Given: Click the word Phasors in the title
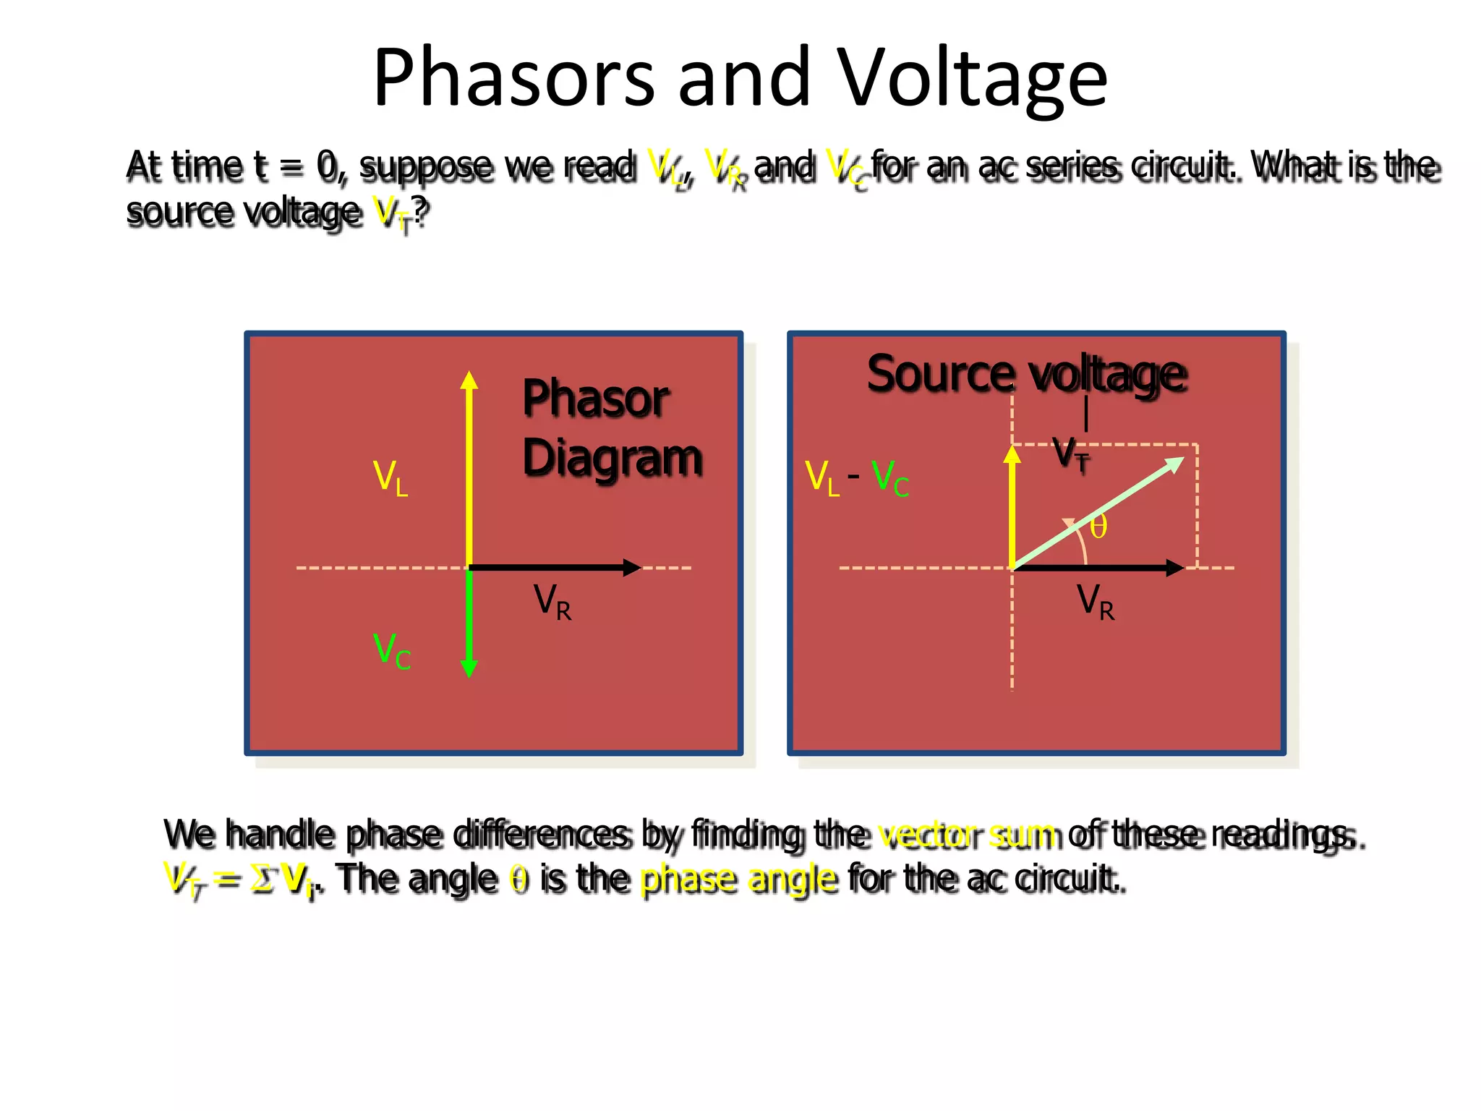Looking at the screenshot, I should click(x=513, y=78).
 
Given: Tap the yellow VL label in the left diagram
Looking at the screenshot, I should click(x=390, y=478).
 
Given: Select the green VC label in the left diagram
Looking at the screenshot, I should click(x=392, y=650).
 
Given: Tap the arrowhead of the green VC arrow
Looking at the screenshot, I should click(x=469, y=668).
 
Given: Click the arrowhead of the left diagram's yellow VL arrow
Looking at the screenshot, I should click(x=469, y=380).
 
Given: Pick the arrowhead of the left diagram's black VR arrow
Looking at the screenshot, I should click(x=632, y=568).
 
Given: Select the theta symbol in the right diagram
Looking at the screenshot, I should click(x=1098, y=527).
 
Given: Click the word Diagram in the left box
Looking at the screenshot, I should click(x=613, y=459).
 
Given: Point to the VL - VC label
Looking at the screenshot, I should click(x=857, y=478).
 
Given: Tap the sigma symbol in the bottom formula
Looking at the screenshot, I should click(x=262, y=880).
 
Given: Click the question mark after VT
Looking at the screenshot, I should click(x=421, y=211).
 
